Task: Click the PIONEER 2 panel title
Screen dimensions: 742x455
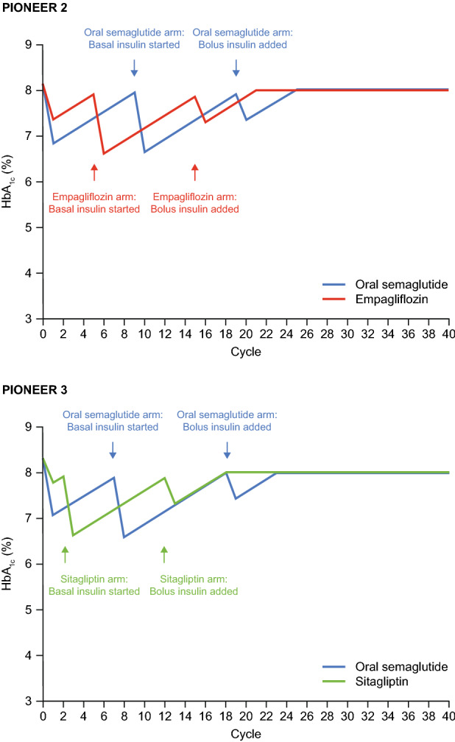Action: (x=33, y=9)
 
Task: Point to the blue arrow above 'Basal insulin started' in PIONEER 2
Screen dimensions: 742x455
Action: (x=134, y=68)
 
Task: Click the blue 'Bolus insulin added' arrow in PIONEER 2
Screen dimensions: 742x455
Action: (x=236, y=68)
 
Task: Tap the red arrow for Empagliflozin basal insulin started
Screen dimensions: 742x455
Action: (x=94, y=172)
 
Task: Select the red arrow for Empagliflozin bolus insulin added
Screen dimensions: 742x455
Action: (x=195, y=172)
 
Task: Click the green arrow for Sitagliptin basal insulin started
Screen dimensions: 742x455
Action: (x=66, y=554)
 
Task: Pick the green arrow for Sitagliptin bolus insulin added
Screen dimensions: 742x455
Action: (x=164, y=554)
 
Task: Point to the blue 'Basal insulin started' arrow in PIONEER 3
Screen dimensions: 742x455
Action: (x=113, y=449)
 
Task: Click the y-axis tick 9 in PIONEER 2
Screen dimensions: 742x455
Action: (x=30, y=45)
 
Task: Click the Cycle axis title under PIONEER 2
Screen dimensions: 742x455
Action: (x=246, y=352)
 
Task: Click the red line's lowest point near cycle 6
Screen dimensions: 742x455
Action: (x=104, y=154)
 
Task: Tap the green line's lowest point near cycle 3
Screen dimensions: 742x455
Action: (x=73, y=535)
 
